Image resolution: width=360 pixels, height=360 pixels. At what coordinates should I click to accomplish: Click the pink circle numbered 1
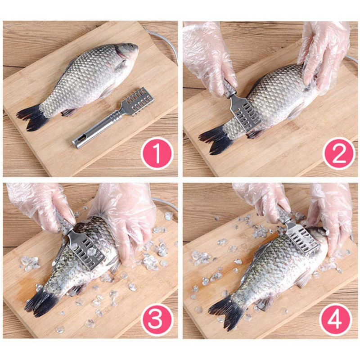point(157,153)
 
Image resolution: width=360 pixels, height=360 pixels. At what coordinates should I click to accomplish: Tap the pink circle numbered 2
point(339,153)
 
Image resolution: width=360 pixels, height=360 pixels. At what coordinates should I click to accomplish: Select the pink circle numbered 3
point(157,319)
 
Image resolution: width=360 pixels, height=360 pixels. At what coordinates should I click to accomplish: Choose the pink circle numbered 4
point(335,319)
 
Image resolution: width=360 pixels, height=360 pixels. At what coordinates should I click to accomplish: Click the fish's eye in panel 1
point(131,46)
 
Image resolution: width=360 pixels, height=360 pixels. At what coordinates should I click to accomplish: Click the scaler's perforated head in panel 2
point(246,115)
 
